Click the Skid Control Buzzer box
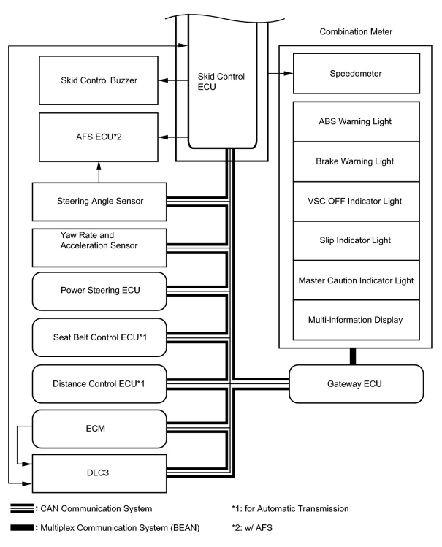[x=99, y=80]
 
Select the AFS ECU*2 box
[x=99, y=137]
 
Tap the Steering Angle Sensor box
[x=99, y=202]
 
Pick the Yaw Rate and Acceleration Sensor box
[x=99, y=248]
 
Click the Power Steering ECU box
[x=99, y=291]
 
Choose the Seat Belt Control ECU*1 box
[x=99, y=337]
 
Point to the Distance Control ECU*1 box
[x=99, y=384]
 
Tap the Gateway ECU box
[x=356, y=384]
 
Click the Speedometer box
[x=356, y=73]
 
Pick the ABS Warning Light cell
[x=356, y=122]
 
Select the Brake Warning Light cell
[x=356, y=161]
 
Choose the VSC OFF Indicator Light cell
[x=356, y=201]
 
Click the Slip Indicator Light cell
[x=356, y=241]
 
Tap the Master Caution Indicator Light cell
[x=356, y=280]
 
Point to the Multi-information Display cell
[x=356, y=320]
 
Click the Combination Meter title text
[x=356, y=32]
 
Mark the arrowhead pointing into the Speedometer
[x=289, y=73]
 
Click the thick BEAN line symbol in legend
[x=22, y=528]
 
